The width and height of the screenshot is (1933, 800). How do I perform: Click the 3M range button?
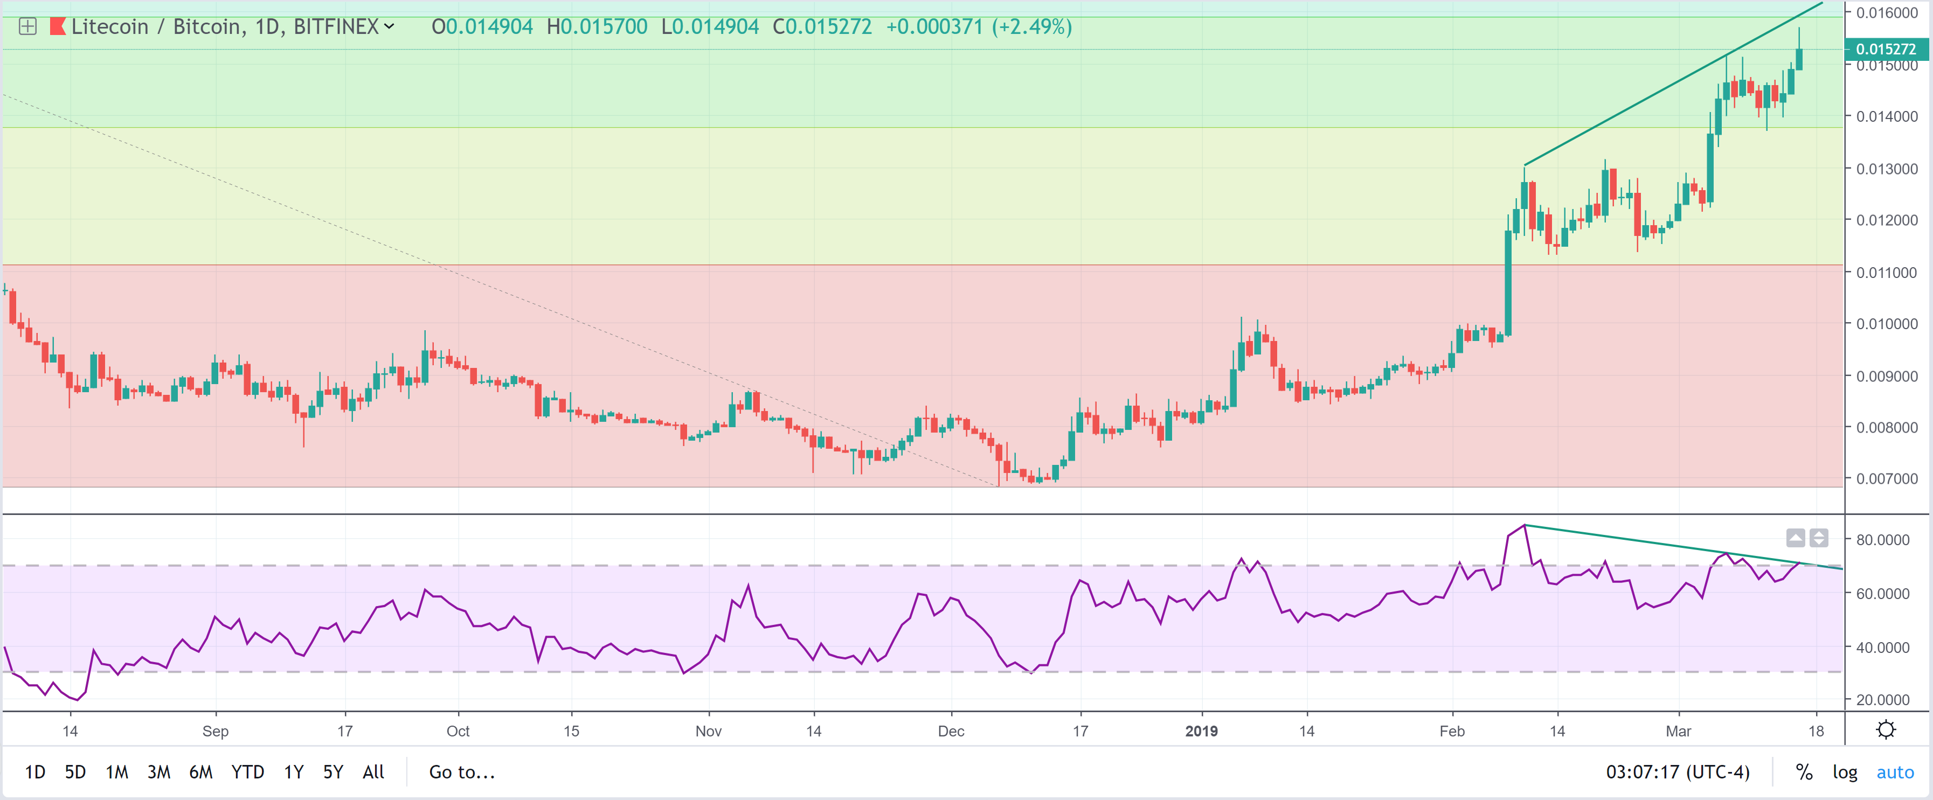pyautogui.click(x=158, y=771)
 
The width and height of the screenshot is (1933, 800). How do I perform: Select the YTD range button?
pyautogui.click(x=248, y=771)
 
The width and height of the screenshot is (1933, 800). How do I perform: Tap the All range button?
pyautogui.click(x=373, y=771)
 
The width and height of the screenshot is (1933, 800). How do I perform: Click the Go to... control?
pyautogui.click(x=461, y=771)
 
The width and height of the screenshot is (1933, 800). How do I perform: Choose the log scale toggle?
pyautogui.click(x=1845, y=771)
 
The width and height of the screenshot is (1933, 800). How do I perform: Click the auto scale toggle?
pyautogui.click(x=1895, y=771)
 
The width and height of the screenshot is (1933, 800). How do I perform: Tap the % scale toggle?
pyautogui.click(x=1804, y=771)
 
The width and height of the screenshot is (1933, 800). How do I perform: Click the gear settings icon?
pyautogui.click(x=1886, y=729)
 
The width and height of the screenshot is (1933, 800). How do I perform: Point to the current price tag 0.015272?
pyautogui.click(x=1885, y=50)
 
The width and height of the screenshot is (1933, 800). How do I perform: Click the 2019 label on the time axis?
pyautogui.click(x=1201, y=731)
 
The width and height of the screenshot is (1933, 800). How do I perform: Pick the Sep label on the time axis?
pyautogui.click(x=216, y=731)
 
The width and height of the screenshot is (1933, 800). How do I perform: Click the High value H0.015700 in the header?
pyautogui.click(x=597, y=27)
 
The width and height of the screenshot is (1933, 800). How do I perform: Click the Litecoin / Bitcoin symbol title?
pyautogui.click(x=225, y=27)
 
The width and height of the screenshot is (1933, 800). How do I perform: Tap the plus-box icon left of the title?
pyautogui.click(x=28, y=27)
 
